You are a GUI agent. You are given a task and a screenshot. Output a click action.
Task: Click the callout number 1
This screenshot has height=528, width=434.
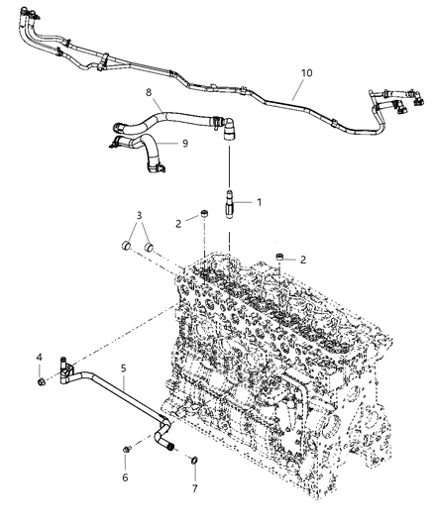260,202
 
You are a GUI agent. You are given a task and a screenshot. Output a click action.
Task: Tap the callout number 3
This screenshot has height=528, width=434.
140,215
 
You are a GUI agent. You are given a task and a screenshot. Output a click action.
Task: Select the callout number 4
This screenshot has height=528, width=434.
40,358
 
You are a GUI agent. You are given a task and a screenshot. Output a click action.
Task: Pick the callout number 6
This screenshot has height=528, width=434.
125,476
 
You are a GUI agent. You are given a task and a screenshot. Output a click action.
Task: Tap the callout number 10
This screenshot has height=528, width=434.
306,72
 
